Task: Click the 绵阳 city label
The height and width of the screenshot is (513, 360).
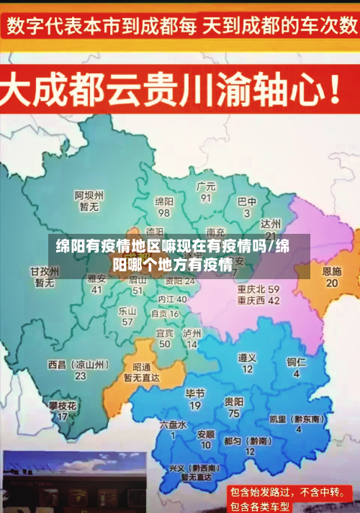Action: coord(164,201)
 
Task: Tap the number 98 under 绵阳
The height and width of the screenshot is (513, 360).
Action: coord(164,213)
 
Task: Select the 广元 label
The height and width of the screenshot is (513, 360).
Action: coord(207,186)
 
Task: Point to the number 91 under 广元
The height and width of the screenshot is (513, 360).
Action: coord(207,197)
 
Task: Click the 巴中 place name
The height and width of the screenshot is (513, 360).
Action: coord(247,201)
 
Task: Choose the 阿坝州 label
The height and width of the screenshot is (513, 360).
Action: coord(89,195)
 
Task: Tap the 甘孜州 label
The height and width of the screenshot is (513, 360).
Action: coord(44,272)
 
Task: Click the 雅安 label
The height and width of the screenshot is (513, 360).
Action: coord(96,278)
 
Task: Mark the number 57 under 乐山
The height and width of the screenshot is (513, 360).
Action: coord(127,322)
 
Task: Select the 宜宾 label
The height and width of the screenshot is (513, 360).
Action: coord(165,333)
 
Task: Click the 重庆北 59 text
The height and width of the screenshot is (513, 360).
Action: coord(258,289)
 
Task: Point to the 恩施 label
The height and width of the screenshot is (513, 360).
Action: coord(332,271)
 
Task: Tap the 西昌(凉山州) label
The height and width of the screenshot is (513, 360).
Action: coord(79,364)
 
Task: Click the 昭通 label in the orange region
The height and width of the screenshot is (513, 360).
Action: coord(142,366)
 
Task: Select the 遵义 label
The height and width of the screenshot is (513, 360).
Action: coord(248,358)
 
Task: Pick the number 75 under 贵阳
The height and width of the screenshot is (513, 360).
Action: coord(233,414)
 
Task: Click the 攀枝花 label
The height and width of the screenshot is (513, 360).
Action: coord(63,406)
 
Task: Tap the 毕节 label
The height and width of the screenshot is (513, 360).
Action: coord(195,394)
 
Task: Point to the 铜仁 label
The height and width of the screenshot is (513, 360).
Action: coord(296,362)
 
